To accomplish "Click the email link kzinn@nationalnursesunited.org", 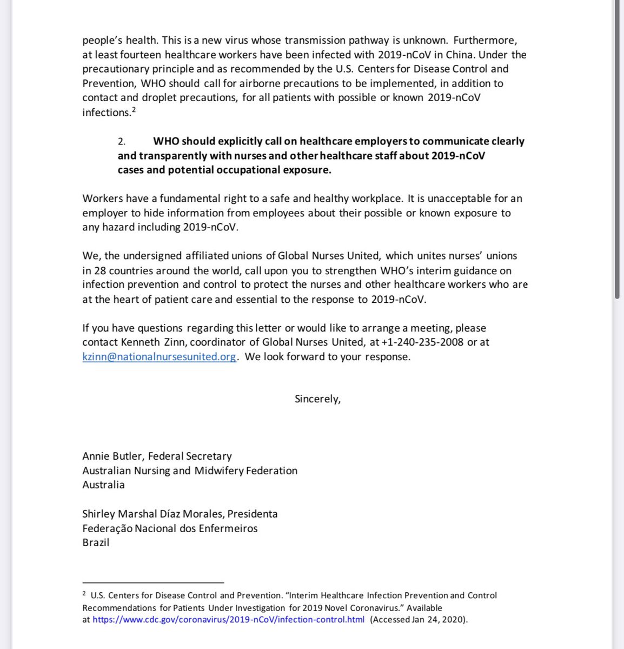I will pos(159,357).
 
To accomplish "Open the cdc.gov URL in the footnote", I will pos(228,620).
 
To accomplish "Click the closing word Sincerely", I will pos(317,399).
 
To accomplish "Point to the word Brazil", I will pos(96,542).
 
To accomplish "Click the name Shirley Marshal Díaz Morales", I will pos(153,514).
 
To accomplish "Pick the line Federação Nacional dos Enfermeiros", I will pos(170,528).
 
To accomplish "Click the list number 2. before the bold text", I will pos(122,141).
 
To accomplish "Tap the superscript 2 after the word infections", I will pos(133,110).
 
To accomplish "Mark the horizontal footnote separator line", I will pos(153,582).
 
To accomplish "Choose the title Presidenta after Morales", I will pos(253,514).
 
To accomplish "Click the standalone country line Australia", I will pos(103,485).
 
